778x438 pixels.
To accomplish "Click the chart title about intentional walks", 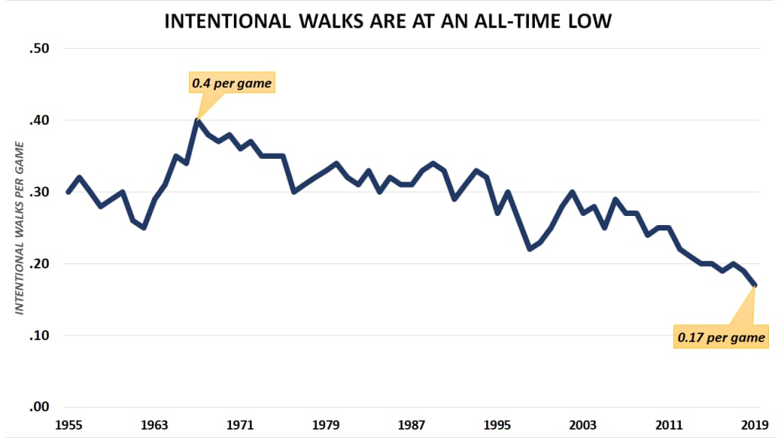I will tap(388, 22).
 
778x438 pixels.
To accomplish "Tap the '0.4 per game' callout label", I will tap(231, 84).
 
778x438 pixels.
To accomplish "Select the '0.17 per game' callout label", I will tap(721, 336).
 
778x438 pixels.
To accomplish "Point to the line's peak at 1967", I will tap(198, 120).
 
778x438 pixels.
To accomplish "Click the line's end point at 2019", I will tap(754, 285).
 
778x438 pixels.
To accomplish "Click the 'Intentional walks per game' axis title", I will tap(20, 228).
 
